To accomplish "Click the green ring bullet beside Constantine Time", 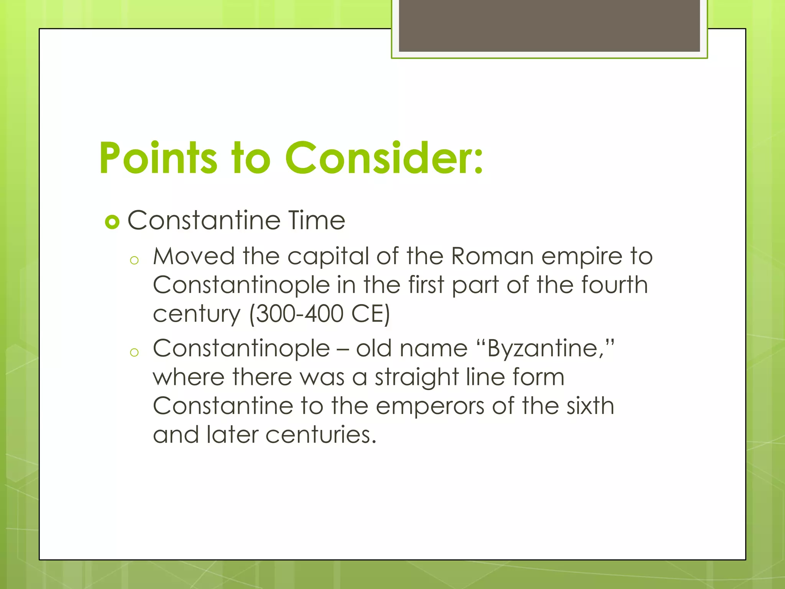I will [112, 222].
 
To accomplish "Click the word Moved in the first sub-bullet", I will [194, 256].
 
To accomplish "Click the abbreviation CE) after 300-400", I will [371, 314].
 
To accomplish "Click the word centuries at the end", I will [320, 435].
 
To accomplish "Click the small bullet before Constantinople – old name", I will [134, 353].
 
